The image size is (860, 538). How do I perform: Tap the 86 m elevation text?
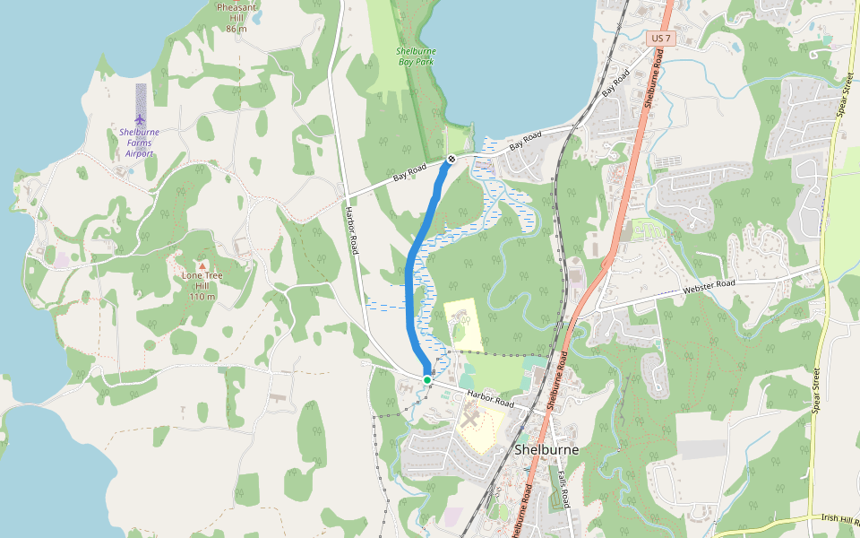(236, 29)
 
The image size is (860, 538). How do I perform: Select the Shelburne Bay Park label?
(416, 56)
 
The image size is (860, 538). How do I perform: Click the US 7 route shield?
(660, 39)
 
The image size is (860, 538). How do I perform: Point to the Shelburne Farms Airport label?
(139, 143)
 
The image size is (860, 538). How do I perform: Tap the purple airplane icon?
(140, 119)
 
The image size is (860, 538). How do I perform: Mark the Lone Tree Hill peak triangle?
(202, 265)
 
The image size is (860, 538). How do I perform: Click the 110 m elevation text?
(202, 297)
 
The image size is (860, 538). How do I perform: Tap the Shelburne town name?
(546, 449)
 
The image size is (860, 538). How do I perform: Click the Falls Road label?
(563, 490)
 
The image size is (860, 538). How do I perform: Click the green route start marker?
(427, 380)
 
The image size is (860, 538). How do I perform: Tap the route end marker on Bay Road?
(451, 159)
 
